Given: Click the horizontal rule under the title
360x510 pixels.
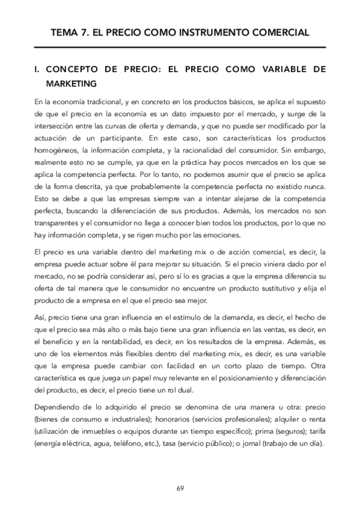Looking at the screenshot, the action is (180, 47).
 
